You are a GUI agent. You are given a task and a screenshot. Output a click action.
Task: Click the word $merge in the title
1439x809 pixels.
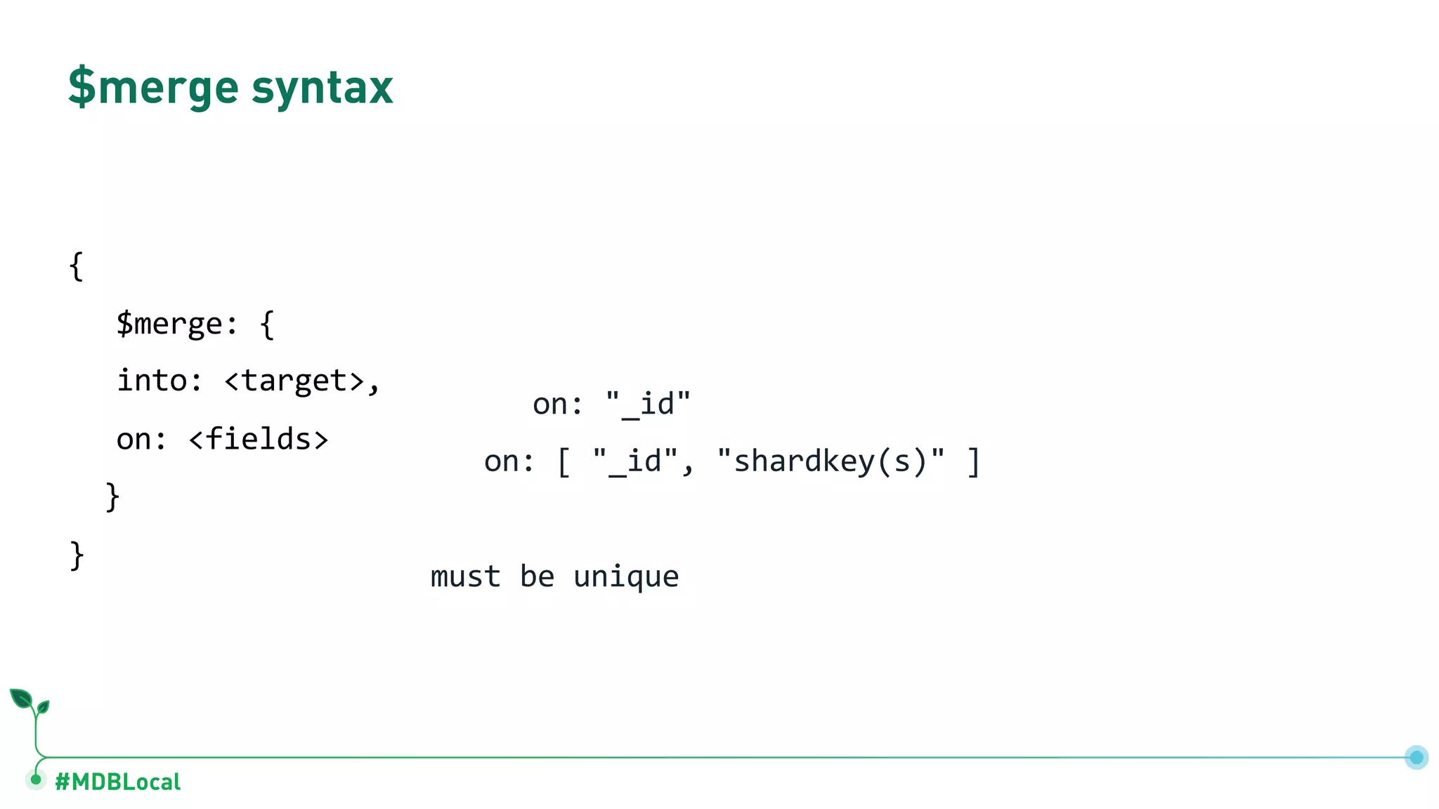point(153,87)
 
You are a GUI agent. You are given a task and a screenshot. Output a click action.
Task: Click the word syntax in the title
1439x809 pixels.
point(322,88)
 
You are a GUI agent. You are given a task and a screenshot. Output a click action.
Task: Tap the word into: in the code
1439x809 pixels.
point(159,381)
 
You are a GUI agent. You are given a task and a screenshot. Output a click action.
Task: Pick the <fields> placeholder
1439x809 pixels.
point(259,440)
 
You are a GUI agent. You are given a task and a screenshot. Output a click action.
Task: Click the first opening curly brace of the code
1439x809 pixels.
point(77,266)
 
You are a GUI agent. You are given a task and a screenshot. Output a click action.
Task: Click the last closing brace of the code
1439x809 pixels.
point(77,555)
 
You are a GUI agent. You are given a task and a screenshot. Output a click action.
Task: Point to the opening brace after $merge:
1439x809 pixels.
point(267,324)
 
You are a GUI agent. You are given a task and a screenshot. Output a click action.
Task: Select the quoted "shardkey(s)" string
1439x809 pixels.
point(831,461)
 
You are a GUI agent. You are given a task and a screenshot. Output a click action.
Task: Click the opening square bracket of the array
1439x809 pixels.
point(564,462)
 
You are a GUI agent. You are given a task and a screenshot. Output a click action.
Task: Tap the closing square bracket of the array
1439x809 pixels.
point(973,462)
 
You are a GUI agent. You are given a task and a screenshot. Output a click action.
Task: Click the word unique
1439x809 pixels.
point(626,577)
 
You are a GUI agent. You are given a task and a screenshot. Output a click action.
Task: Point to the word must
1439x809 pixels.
point(465,577)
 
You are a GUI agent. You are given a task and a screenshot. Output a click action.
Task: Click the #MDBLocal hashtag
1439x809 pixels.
point(118,782)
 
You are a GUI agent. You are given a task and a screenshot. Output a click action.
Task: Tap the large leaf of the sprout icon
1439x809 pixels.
point(21,699)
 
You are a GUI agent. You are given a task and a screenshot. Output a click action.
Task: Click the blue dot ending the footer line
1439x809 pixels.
point(1416,757)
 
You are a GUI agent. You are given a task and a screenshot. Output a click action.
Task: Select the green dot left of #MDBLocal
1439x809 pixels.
point(36,780)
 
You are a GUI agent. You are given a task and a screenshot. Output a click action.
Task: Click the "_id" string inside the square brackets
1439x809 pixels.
point(635,462)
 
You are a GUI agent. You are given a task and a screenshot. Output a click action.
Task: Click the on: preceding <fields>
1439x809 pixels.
point(141,440)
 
